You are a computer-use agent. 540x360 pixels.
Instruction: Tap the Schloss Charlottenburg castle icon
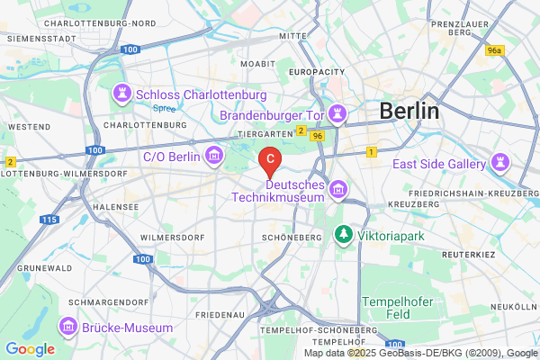pyautogui.click(x=121, y=94)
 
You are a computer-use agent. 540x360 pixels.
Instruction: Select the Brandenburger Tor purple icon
pyautogui.click(x=337, y=114)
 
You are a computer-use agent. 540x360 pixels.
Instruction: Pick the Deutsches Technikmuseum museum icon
pyautogui.click(x=338, y=189)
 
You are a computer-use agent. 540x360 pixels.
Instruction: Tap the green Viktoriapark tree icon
pyautogui.click(x=343, y=235)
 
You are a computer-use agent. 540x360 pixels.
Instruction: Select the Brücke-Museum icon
pyautogui.click(x=68, y=327)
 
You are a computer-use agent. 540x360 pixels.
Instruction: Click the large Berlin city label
pyautogui.click(x=409, y=111)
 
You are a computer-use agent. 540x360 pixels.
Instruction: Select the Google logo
pyautogui.click(x=30, y=349)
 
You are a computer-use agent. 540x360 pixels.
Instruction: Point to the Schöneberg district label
pyautogui.click(x=291, y=237)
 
